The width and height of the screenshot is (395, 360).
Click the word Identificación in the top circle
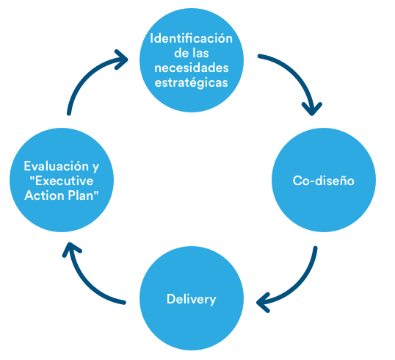pos(192,38)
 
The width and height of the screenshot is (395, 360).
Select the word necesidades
pos(192,68)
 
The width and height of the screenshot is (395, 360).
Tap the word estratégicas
pos(192,82)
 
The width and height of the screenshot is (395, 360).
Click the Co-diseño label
pos(324,181)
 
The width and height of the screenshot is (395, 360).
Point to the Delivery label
pos(191,299)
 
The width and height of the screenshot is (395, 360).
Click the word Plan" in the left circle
pos(81,195)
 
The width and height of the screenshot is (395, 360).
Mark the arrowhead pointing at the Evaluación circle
pos(68,252)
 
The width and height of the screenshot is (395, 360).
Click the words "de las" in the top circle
pos(192,53)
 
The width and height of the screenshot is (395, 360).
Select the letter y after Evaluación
pos(95,167)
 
